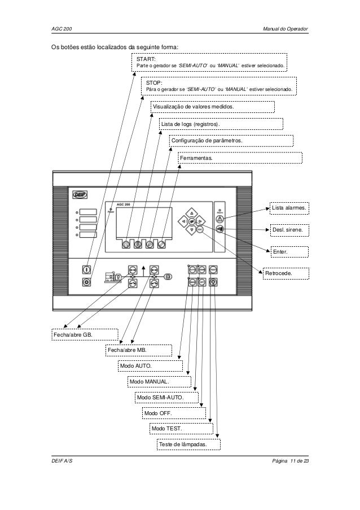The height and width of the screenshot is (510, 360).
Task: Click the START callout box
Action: pyautogui.click(x=210, y=63)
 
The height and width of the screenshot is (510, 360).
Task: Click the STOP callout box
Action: pyautogui.click(x=219, y=86)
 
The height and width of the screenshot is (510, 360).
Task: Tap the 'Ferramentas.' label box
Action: pyautogui.click(x=240, y=159)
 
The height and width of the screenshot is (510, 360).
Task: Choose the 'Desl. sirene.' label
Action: pyautogui.click(x=288, y=230)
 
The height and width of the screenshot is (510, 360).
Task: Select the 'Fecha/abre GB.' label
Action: pyautogui.click(x=84, y=335)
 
